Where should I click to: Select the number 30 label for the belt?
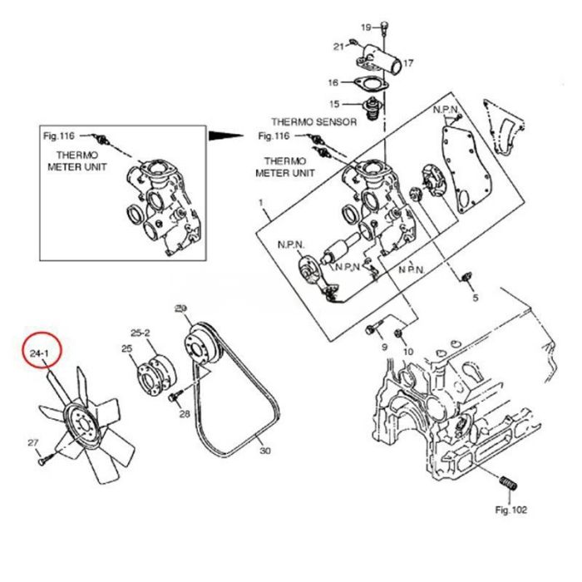pos(265,451)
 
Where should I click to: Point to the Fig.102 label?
pos(510,510)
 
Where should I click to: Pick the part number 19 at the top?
pos(366,28)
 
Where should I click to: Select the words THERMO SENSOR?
pos(313,122)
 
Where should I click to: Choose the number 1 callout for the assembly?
pos(260,204)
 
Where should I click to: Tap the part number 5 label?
pos(476,297)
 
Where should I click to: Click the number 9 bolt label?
pos(384,346)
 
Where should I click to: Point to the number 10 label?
pos(407,352)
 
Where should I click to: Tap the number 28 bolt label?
pos(185,413)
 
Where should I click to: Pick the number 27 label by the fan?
pos(33,441)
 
